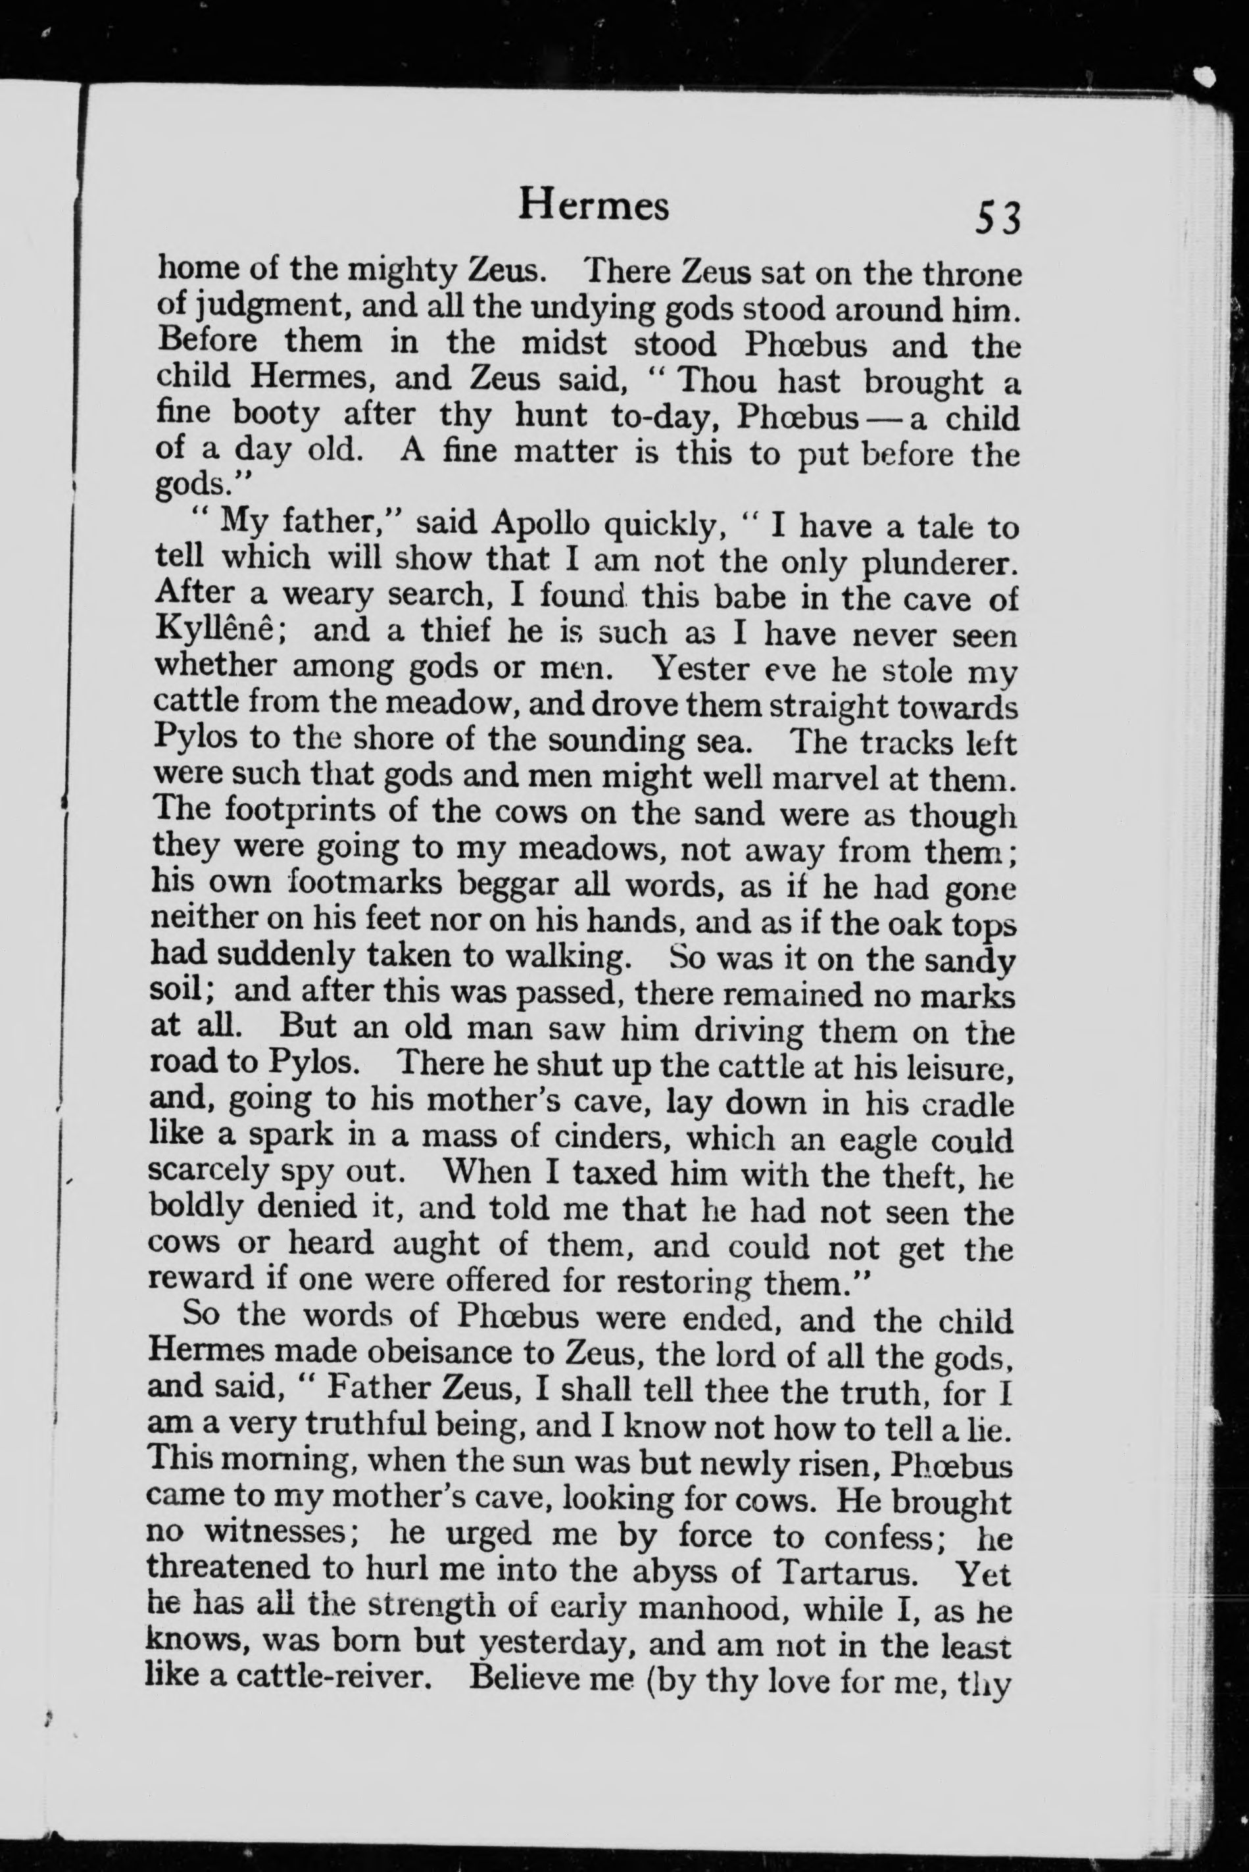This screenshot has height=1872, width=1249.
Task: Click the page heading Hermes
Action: (593, 205)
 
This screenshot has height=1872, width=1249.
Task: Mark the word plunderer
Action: (941, 563)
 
